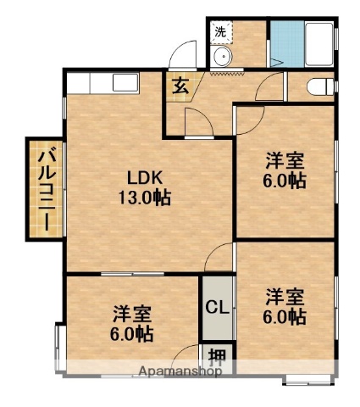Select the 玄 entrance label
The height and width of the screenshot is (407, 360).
[181, 84]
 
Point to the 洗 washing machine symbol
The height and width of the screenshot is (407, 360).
[220, 31]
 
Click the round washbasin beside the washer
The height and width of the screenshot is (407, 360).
[223, 58]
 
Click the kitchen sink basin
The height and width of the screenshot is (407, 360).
[124, 84]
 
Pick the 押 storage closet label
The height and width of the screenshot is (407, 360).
[218, 355]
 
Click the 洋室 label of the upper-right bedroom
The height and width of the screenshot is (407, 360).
[284, 160]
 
